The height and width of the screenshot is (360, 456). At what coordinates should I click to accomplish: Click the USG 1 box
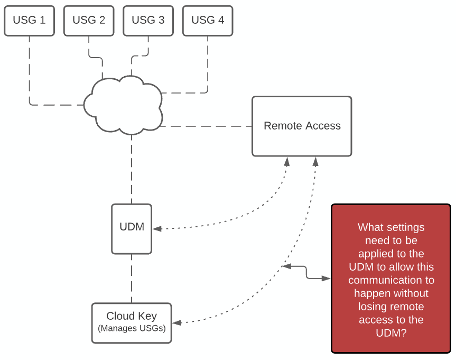[29, 21]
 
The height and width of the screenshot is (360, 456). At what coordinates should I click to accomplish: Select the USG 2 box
[89, 21]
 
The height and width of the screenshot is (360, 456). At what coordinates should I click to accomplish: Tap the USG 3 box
[148, 21]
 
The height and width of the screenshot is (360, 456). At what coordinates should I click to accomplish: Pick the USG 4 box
[208, 21]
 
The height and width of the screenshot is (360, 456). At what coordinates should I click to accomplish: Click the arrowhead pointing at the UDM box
[156, 229]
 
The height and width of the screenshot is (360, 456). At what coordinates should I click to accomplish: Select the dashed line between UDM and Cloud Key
[132, 278]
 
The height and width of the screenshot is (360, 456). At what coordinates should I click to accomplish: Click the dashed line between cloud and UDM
[132, 169]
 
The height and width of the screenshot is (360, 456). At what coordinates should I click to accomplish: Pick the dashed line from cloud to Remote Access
[206, 126]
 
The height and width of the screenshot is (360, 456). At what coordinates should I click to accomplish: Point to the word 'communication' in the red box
[391, 280]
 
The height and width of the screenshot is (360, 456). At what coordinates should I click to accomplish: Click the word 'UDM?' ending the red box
[391, 333]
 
